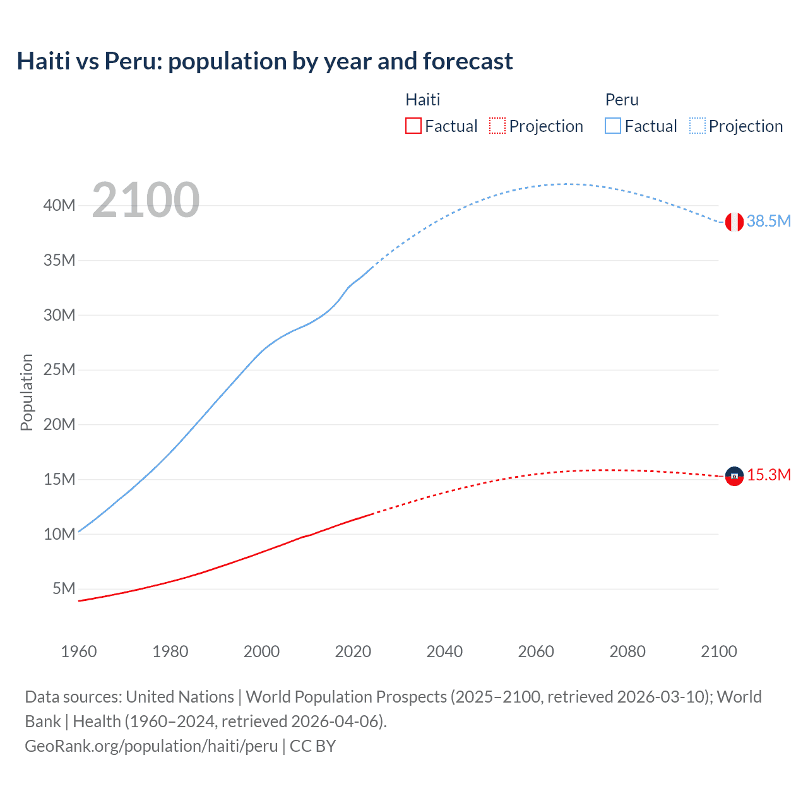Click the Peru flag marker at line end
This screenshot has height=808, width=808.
[734, 222]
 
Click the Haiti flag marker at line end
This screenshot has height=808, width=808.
[734, 476]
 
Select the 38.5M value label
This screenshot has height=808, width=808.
[768, 221]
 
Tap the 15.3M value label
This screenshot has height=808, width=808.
[768, 475]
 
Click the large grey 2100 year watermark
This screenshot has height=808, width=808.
[146, 200]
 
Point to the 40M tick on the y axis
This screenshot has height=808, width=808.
[59, 206]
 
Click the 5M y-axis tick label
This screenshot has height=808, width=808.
[64, 589]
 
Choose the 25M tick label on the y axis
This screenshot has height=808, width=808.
[59, 370]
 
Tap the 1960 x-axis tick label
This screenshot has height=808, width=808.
[79, 651]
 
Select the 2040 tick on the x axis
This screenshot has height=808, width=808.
[444, 651]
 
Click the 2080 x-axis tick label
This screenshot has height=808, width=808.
[627, 651]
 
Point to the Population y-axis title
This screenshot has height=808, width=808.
[27, 392]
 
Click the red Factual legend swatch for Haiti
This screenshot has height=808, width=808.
[413, 126]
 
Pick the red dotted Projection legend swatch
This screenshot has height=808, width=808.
[497, 126]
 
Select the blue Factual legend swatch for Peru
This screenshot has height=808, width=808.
[613, 126]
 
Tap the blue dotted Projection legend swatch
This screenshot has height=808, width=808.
[697, 126]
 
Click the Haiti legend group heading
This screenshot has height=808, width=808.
[422, 100]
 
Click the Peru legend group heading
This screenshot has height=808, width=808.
[622, 100]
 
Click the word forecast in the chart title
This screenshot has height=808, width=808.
[468, 61]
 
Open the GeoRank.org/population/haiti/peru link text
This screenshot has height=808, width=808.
[151, 746]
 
